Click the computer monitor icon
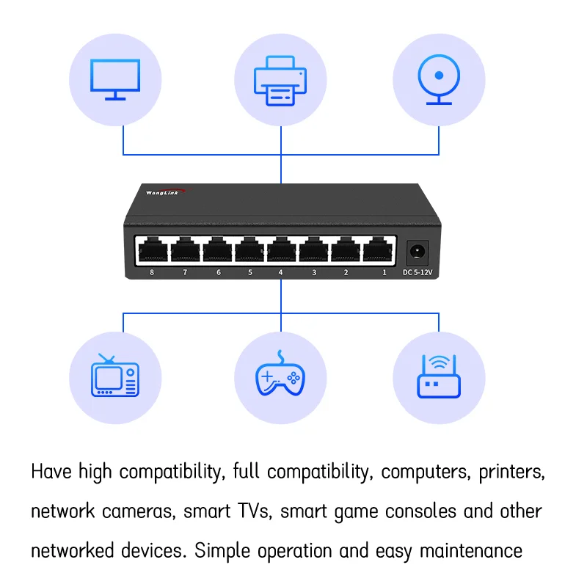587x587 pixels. point(115,79)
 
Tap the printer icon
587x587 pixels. point(280,81)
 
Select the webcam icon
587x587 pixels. point(439,79)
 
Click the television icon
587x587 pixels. point(114,376)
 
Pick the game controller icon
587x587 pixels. point(280,376)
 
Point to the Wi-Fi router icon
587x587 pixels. point(438,376)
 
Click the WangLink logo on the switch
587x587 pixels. point(165,192)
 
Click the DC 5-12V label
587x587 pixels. point(418,273)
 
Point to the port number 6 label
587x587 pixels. point(217,273)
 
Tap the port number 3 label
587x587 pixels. point(314,273)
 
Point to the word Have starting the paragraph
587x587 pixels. point(51,472)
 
